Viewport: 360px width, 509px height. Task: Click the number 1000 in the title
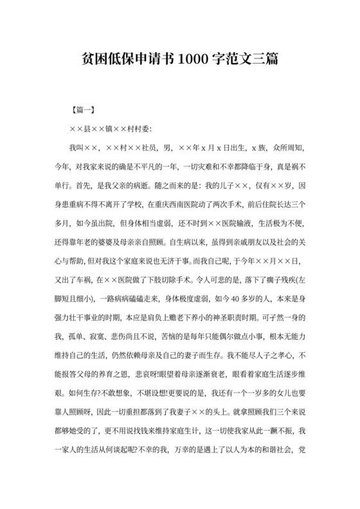click(x=192, y=60)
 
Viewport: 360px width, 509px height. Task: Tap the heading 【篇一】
click(x=82, y=110)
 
